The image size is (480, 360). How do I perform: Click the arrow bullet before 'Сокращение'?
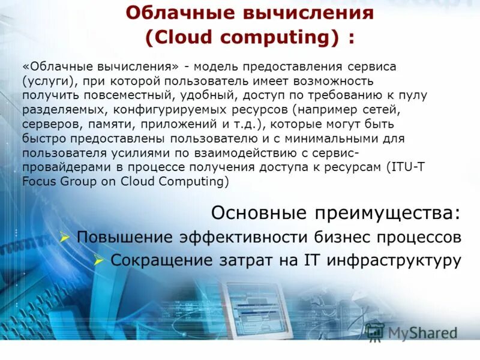100,261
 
